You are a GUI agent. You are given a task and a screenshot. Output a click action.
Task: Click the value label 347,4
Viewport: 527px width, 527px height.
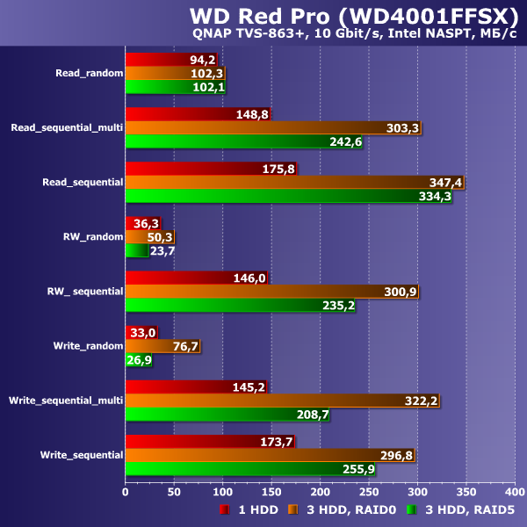click(445, 183)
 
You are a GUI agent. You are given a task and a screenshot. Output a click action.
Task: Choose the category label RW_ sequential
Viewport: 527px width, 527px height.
click(84, 291)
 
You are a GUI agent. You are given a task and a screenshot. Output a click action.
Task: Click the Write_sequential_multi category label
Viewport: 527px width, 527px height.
click(66, 401)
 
